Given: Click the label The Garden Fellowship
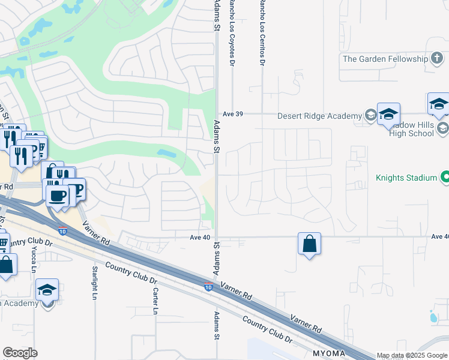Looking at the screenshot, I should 385,59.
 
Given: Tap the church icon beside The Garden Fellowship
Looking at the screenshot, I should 437,59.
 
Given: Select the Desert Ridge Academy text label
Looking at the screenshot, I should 319,116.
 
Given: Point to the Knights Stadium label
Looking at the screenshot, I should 406,178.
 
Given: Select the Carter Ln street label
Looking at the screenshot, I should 154,301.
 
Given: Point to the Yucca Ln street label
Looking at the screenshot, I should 34,263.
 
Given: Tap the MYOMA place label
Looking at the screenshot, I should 328,353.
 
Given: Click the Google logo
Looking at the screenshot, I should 20,353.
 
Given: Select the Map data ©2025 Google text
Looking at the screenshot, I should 412,355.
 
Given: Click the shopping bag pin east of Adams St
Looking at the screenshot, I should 309,244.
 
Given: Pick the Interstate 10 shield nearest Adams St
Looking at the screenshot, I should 208,287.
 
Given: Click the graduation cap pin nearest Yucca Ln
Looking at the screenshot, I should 47,290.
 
